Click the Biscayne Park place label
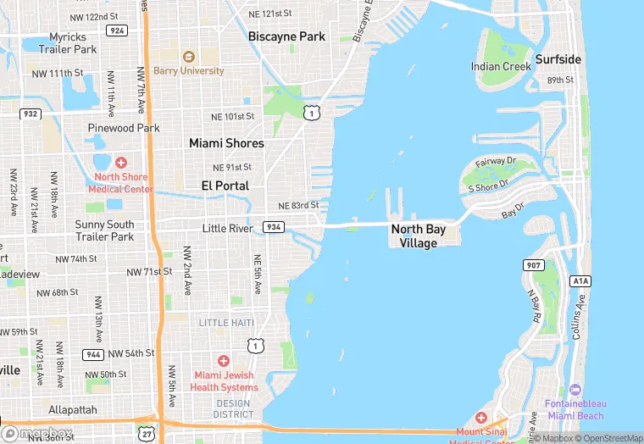point(286,36)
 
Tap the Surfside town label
point(558,59)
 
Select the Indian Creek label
point(500,66)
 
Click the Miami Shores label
point(226,143)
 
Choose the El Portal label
point(225,186)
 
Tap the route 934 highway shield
point(273,227)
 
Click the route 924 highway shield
point(116,30)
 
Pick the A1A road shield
point(580,280)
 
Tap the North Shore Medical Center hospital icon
point(120,162)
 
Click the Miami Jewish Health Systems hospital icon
point(224,361)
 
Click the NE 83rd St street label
point(297,206)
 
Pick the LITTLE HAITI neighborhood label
point(226,323)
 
